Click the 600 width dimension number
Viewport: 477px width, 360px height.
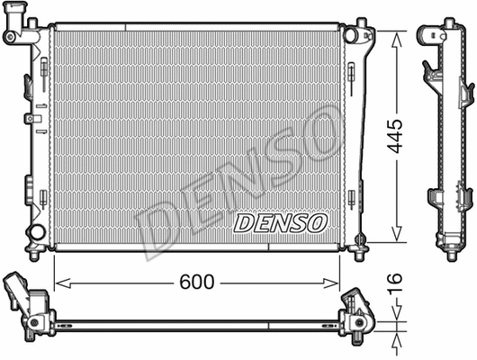pos(196,282)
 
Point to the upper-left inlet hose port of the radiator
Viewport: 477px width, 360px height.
pos(13,35)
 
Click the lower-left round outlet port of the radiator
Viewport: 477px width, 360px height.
pos(36,233)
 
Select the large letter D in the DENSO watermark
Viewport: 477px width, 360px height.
pos(162,229)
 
